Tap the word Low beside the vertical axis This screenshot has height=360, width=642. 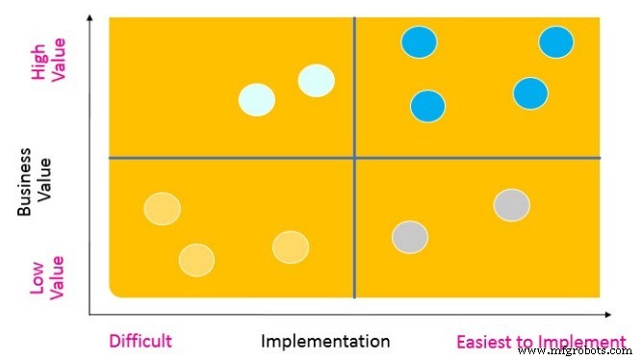point(39,275)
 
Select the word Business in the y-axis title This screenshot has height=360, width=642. point(26,183)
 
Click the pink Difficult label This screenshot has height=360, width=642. point(141,341)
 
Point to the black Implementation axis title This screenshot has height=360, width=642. point(325,341)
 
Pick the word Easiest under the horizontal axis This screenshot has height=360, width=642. point(487,341)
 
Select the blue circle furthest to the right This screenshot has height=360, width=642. point(556,42)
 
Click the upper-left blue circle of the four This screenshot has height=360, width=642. point(419,42)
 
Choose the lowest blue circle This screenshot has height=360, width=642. point(428,106)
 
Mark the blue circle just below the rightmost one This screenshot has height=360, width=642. point(530,93)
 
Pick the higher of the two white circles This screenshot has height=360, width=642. point(317,80)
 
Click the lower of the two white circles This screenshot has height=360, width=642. point(257,100)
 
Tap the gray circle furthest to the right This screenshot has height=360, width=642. point(512,205)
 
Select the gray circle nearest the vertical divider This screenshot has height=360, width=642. point(410,237)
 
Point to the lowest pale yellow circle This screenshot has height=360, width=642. point(197,259)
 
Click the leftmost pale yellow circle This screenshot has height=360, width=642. point(162,208)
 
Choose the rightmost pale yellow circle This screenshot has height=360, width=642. point(291,247)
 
